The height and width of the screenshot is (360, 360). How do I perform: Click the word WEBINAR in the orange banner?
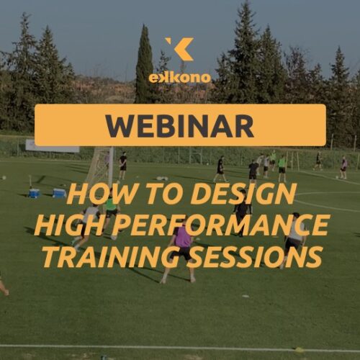180,125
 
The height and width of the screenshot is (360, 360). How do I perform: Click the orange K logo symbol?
179,49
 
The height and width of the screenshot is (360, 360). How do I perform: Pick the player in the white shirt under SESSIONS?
294,241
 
